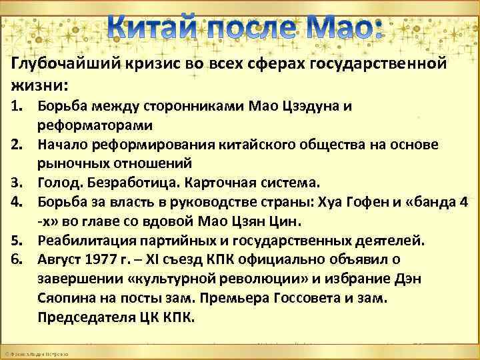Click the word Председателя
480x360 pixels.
click(81, 317)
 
